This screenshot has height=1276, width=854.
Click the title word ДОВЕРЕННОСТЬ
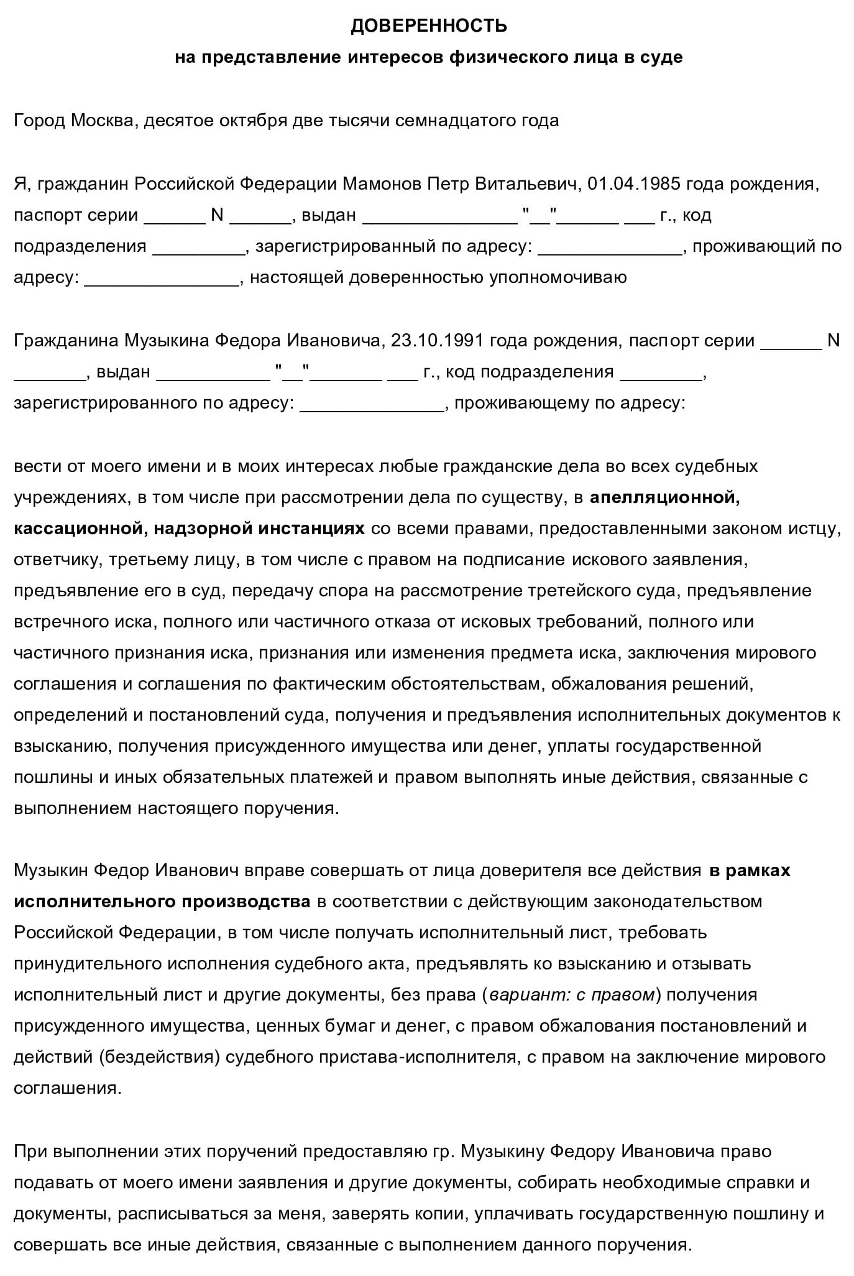coord(428,25)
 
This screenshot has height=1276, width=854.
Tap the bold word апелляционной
coord(664,497)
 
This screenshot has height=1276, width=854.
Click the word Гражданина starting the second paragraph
coord(67,341)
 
